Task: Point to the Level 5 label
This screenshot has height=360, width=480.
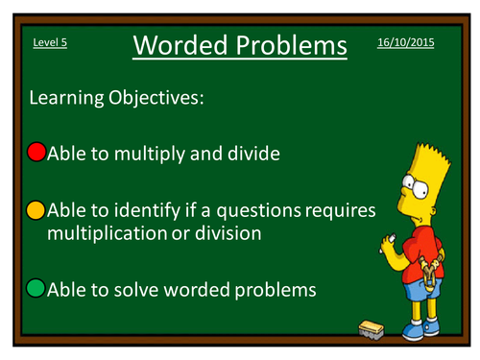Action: click(x=50, y=44)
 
